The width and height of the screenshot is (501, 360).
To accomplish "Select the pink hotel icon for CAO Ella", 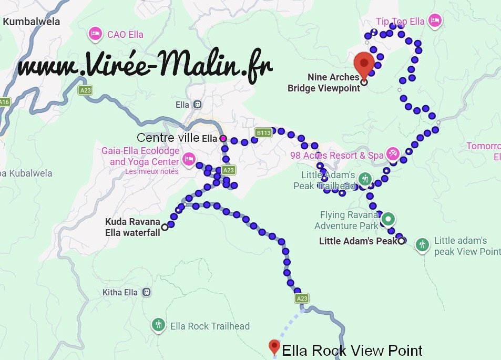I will pyautogui.click(x=95, y=34).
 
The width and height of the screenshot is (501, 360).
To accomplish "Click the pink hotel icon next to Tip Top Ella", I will pyautogui.click(x=434, y=21).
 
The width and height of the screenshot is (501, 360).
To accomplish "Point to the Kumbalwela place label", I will pyautogui.click(x=32, y=22).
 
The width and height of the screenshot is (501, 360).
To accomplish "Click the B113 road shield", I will pyautogui.click(x=263, y=133).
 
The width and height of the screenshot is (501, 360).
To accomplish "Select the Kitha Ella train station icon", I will pyautogui.click(x=147, y=292).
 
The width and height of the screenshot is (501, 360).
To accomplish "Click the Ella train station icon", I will pyautogui.click(x=197, y=105).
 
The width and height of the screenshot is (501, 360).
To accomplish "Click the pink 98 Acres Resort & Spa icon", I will pyautogui.click(x=393, y=154).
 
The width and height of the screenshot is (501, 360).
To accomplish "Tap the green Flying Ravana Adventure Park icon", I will pyautogui.click(x=388, y=218).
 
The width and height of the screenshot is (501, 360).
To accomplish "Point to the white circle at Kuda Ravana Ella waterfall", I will pyautogui.click(x=165, y=227).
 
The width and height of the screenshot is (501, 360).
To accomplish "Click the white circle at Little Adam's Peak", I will pyautogui.click(x=402, y=241).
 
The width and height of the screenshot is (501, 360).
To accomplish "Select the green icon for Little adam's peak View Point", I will pyautogui.click(x=422, y=244).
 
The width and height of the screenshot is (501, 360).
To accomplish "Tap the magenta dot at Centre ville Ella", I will pyautogui.click(x=223, y=138).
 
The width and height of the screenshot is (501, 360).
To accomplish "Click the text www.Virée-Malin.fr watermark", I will pyautogui.click(x=145, y=67).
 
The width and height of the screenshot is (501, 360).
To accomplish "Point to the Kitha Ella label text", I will pyautogui.click(x=120, y=292).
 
